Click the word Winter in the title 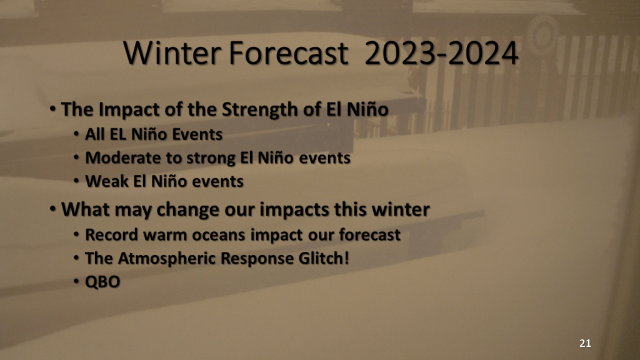[171, 53]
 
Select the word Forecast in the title [289, 53]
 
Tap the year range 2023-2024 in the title [441, 53]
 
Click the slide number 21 [585, 343]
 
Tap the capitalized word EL [118, 134]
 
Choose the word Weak [106, 181]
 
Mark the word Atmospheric [166, 259]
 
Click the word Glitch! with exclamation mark [324, 258]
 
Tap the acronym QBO [102, 282]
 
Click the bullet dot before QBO [76, 281]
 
